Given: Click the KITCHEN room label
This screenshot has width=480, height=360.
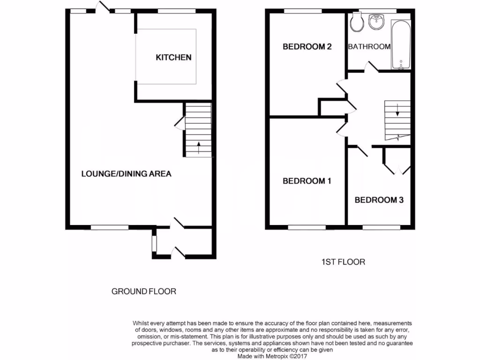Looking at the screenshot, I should [173, 58].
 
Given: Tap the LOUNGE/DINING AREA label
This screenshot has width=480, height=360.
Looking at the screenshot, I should [126, 174].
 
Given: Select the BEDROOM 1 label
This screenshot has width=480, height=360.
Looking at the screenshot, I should [307, 181].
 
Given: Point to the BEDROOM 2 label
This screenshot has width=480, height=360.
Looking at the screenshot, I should [307, 47].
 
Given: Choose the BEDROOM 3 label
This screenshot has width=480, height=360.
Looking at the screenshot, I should [379, 200].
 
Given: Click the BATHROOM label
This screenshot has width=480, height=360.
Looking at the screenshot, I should [369, 46].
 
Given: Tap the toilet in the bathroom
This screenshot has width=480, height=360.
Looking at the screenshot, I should [357, 22].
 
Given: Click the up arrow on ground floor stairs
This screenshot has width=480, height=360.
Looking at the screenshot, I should [198, 148].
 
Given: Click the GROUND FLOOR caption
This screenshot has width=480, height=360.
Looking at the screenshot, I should [143, 292].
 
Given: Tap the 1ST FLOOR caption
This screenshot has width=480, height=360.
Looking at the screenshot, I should [343, 262].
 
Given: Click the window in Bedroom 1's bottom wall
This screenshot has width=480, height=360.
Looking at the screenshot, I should [307, 227].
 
